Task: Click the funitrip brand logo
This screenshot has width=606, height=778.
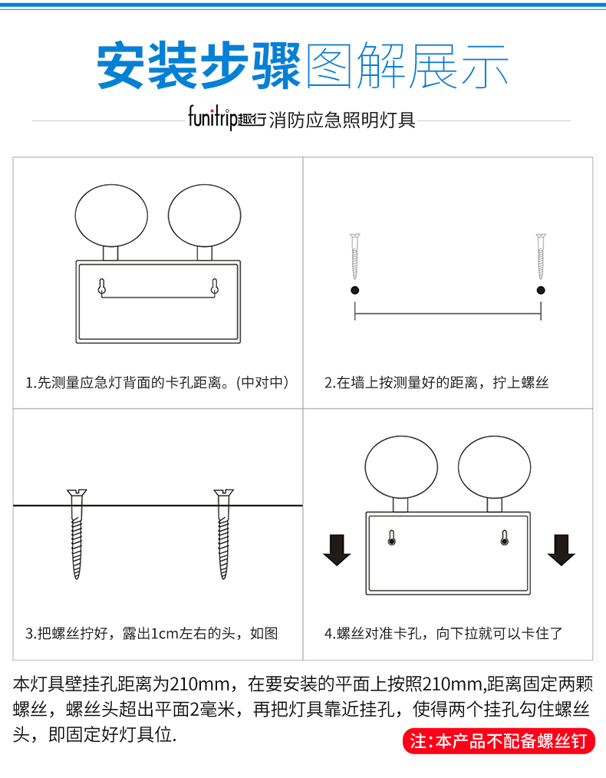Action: (226, 118)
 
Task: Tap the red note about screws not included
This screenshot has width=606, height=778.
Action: (499, 741)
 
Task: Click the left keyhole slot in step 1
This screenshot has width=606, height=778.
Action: (102, 287)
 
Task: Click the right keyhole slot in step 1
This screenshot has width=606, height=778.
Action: (215, 287)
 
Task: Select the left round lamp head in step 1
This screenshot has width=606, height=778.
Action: (111, 216)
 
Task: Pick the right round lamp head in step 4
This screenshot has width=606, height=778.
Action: (495, 467)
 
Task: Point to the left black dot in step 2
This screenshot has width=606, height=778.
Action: (354, 290)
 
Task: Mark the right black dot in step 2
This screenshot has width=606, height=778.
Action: (541, 290)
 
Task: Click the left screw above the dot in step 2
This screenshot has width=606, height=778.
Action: (354, 256)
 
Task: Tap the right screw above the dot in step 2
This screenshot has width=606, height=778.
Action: (541, 256)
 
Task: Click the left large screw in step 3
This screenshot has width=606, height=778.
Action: (77, 534)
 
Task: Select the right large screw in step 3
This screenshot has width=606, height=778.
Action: (224, 534)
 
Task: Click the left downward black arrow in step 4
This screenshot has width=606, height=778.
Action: (337, 550)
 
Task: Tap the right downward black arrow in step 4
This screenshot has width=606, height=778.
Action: (562, 550)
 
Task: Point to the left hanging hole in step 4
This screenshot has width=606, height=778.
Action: (392, 538)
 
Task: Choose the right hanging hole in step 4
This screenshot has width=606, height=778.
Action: (505, 538)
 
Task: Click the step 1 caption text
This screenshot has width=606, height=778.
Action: (157, 383)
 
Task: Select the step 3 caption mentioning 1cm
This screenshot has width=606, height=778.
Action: (152, 634)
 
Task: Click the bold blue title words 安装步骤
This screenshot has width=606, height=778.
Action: (199, 66)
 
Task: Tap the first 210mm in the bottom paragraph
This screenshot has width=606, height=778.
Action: (200, 684)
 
